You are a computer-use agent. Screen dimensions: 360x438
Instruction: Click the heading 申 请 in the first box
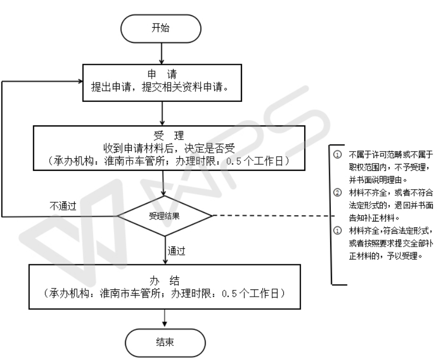point(164,74)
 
